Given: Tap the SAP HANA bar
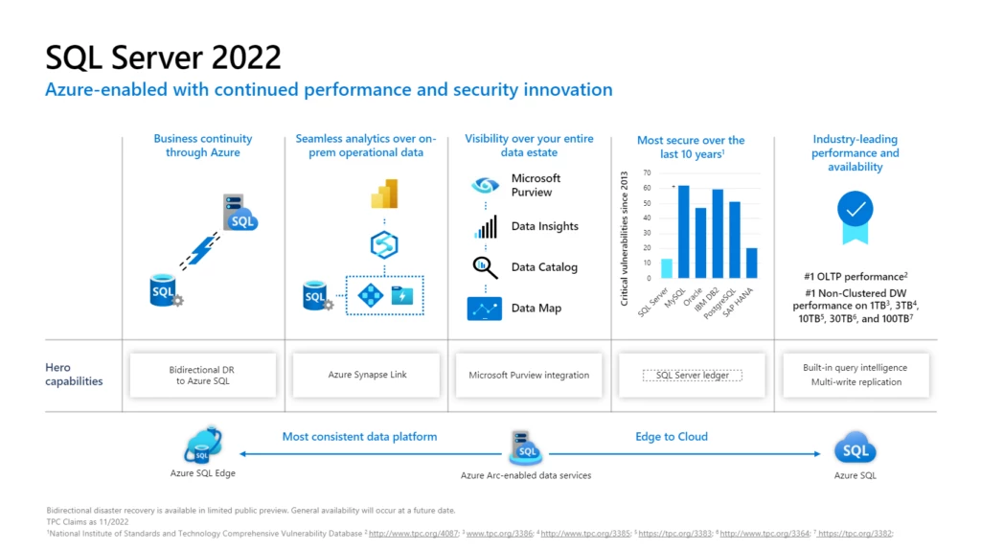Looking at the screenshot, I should (752, 263).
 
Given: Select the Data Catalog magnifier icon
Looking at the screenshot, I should (486, 267).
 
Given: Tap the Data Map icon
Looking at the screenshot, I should (485, 309).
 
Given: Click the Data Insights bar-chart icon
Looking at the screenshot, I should (486, 227).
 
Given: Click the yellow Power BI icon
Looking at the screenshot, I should (383, 195).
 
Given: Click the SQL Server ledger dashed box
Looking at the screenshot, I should (692, 375).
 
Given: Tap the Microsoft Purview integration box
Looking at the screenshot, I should (529, 375).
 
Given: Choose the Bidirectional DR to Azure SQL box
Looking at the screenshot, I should (201, 375).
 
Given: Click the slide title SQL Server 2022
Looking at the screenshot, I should (164, 57).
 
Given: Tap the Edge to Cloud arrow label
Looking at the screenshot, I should (672, 437).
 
